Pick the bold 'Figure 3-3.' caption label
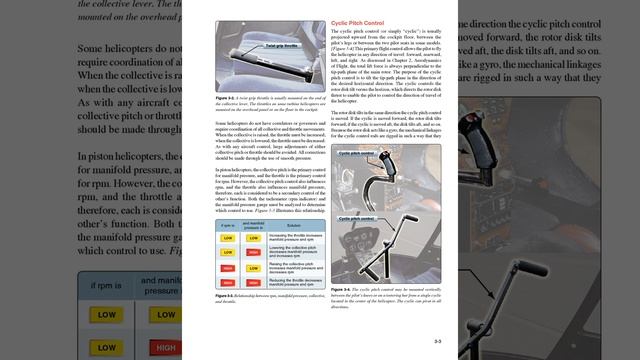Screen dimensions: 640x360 click(226, 296)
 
